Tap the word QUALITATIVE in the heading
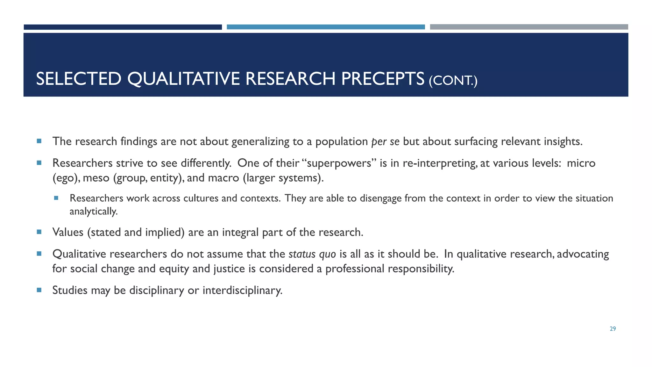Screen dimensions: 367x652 pyautogui.click(x=183, y=79)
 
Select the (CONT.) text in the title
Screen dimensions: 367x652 pyautogui.click(x=453, y=80)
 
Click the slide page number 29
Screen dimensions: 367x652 pyautogui.click(x=613, y=329)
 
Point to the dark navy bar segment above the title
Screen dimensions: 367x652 pyautogui.click(x=123, y=27)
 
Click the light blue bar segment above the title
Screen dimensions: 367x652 pyautogui.click(x=325, y=27)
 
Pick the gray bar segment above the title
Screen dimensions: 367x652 pyautogui.click(x=529, y=27)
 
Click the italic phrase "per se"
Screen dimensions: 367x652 pyautogui.click(x=385, y=141)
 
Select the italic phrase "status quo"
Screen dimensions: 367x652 pyautogui.click(x=312, y=254)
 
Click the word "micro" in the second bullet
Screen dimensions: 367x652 pyautogui.click(x=581, y=163)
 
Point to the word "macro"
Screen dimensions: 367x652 pyautogui.click(x=223, y=178)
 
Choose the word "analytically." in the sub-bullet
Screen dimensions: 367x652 pyautogui.click(x=94, y=211)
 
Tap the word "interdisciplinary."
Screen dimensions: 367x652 pyautogui.click(x=242, y=290)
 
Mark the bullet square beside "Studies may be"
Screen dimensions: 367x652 pyautogui.click(x=39, y=290)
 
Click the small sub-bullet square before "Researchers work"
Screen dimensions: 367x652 pyautogui.click(x=56, y=198)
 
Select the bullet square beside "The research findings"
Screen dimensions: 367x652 pyautogui.click(x=39, y=141)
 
